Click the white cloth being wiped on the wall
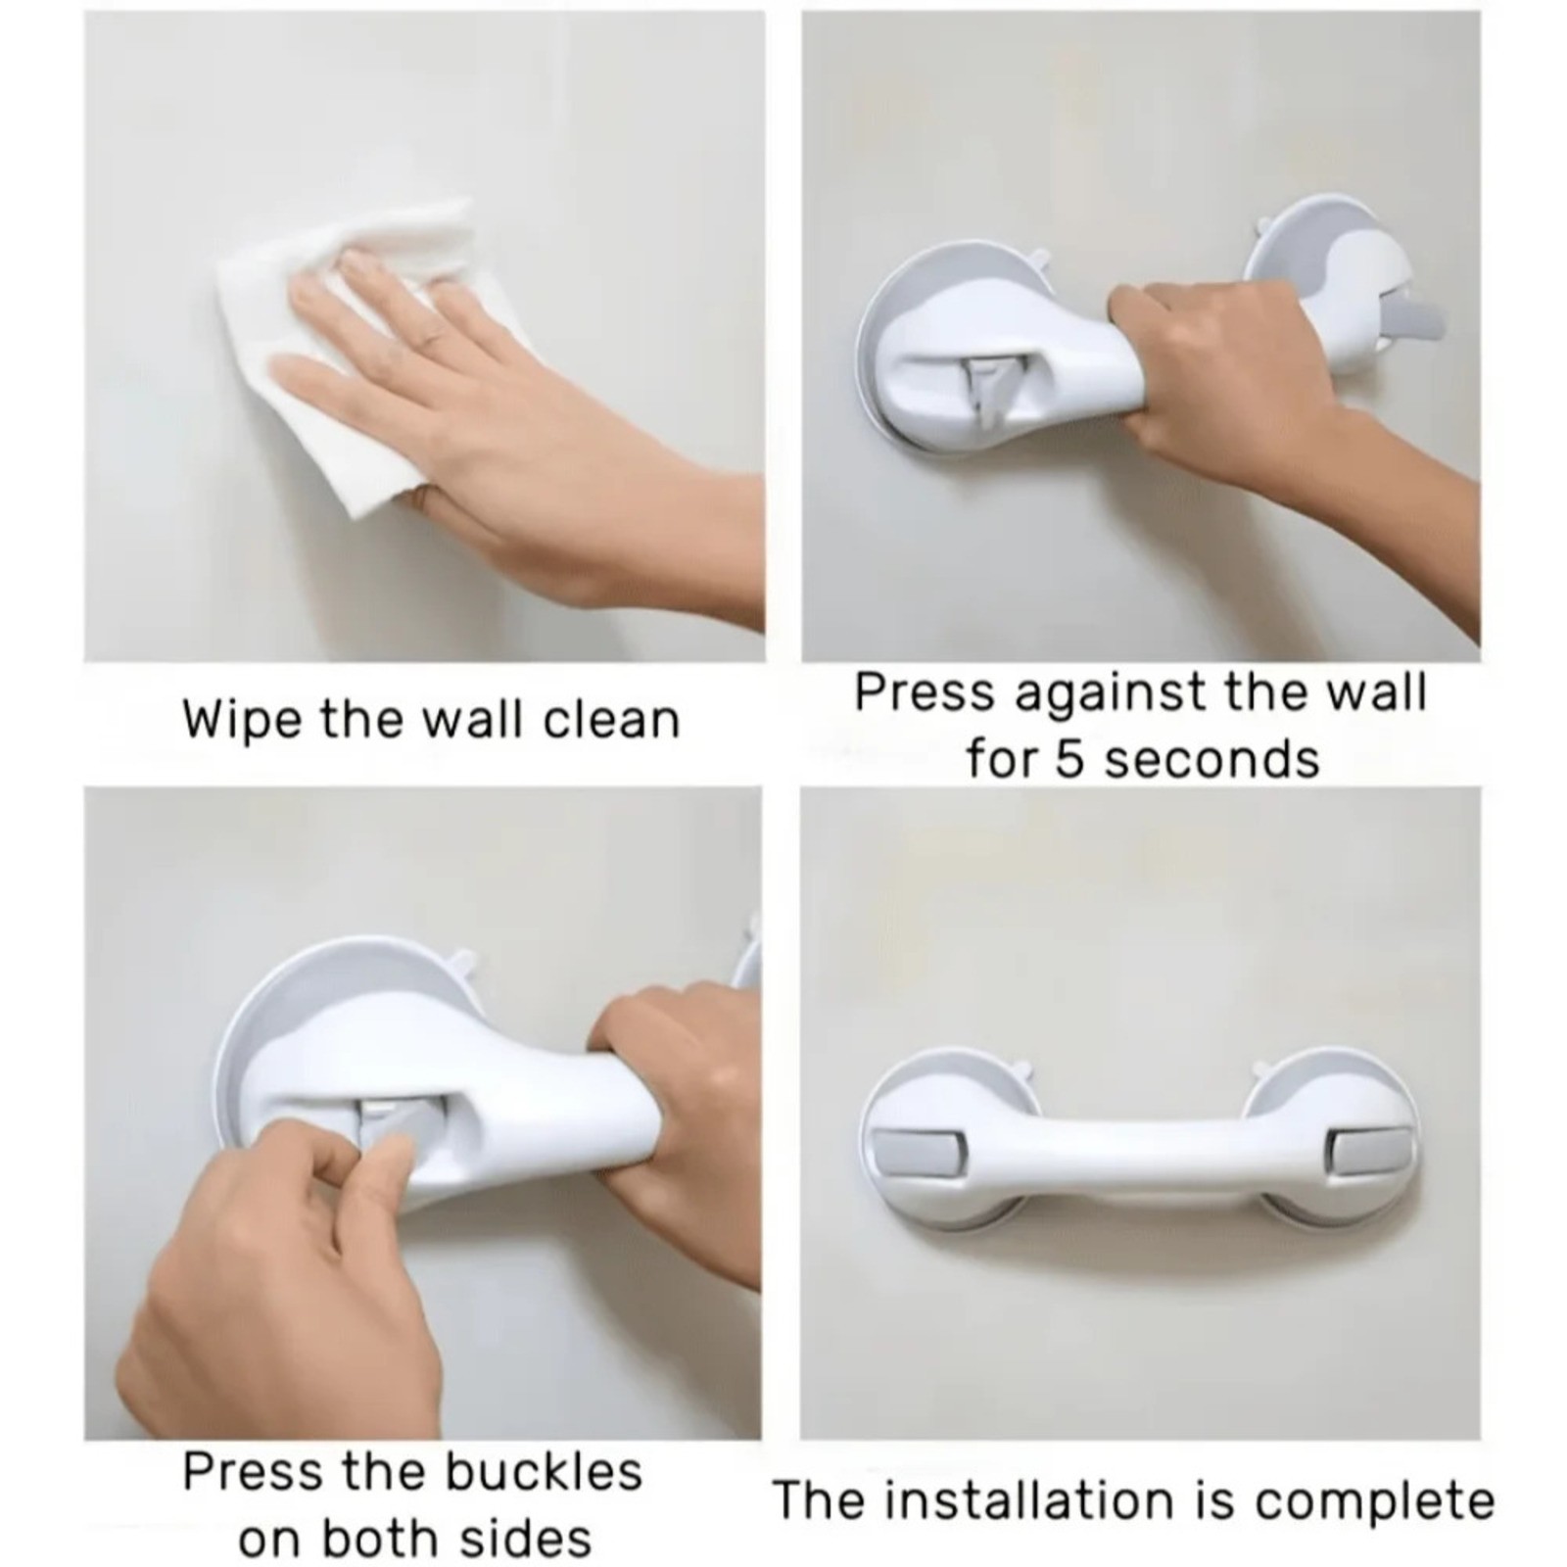coord(323,392)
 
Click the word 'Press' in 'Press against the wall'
coord(924,692)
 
